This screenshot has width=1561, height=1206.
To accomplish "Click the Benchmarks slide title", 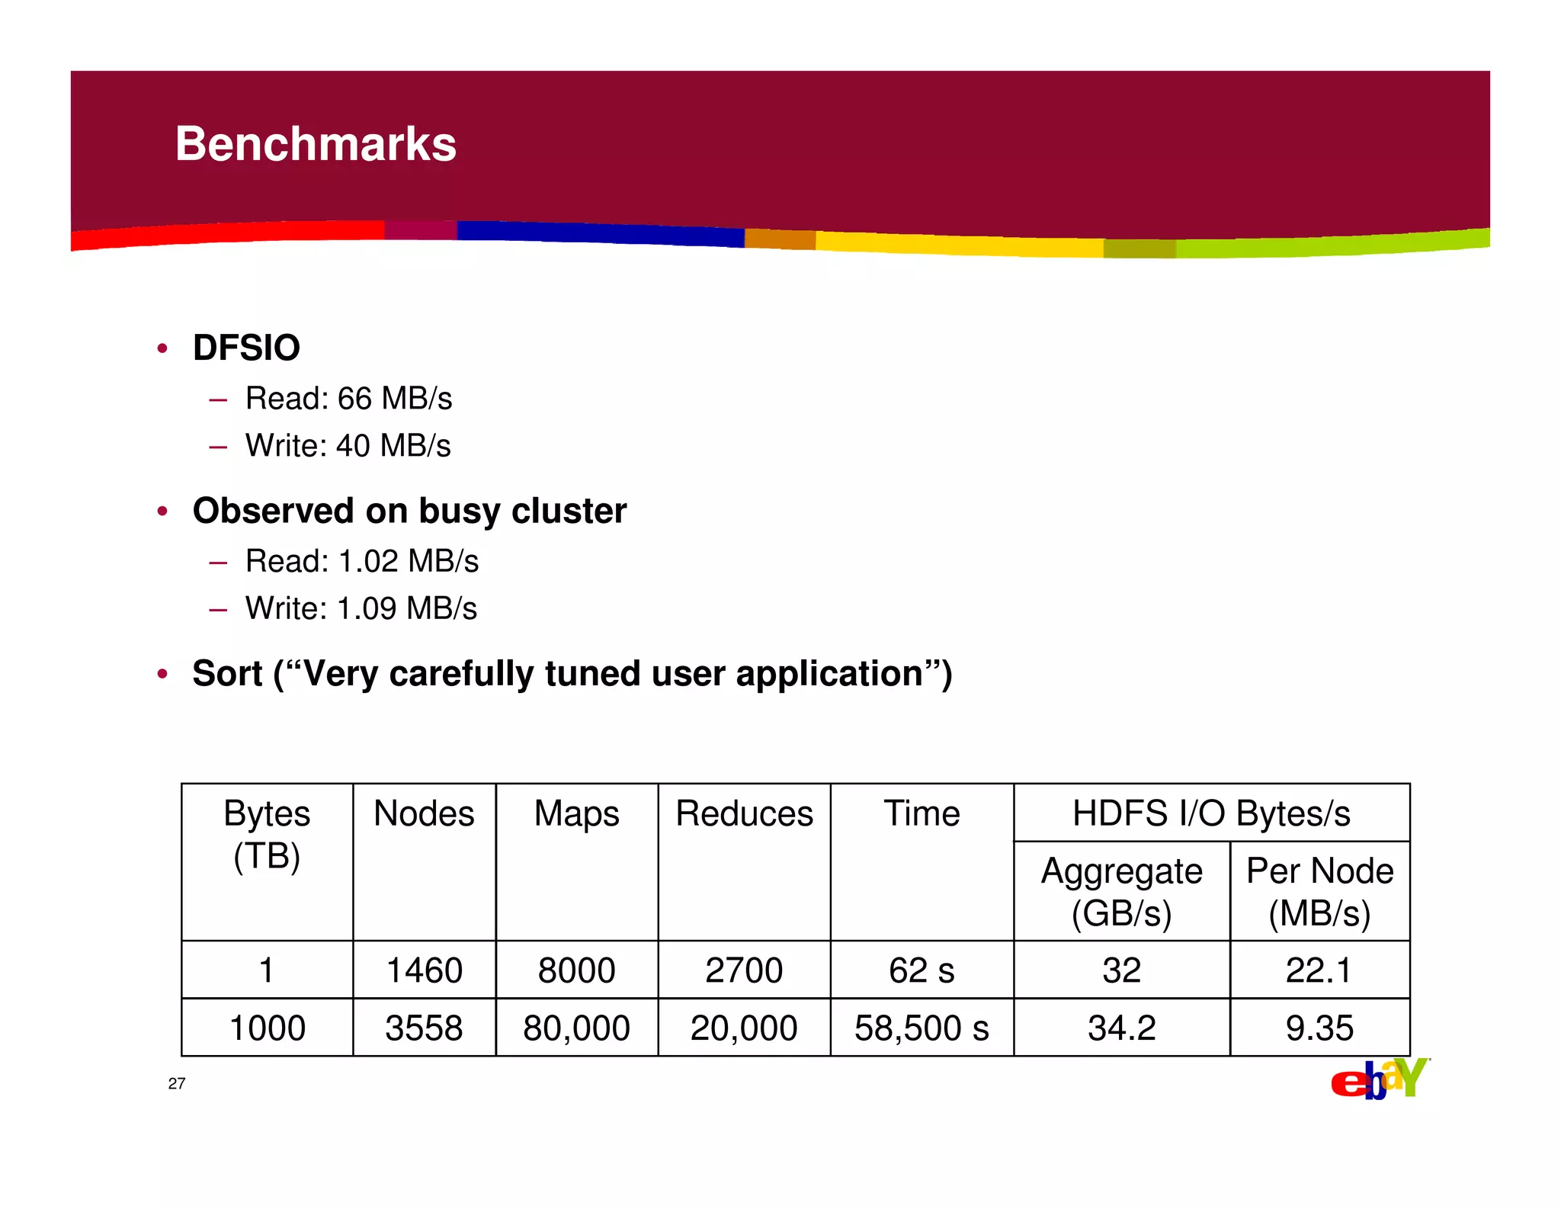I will (316, 144).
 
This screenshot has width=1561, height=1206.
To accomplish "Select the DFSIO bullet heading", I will (246, 348).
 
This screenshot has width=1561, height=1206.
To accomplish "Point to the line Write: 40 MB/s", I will (348, 446).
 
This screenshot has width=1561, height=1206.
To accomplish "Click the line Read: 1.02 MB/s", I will (361, 562).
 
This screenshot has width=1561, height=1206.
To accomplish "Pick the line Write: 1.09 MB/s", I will (361, 609).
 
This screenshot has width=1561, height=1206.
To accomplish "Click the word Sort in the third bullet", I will (227, 674).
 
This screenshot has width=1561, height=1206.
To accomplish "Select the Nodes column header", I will (424, 813).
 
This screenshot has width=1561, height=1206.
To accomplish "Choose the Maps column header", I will (576, 813).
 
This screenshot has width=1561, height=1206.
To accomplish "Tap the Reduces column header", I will (744, 813).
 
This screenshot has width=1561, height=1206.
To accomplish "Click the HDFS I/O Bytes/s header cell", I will (1211, 813).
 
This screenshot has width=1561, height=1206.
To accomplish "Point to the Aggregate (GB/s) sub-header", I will (1121, 892).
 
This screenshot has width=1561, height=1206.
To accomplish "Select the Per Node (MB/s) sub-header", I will (1319, 892).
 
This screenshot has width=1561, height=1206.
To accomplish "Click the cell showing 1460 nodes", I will (424, 970).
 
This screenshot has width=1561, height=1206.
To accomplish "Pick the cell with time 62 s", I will (922, 970).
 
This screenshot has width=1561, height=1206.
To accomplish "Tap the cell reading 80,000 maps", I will (576, 1028).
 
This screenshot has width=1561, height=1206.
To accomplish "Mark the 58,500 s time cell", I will (922, 1028).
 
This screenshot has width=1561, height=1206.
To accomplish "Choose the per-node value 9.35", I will (1319, 1028).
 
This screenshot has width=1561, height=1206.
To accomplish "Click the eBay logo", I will (1379, 1079).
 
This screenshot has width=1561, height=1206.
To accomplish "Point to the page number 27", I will (177, 1084).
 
